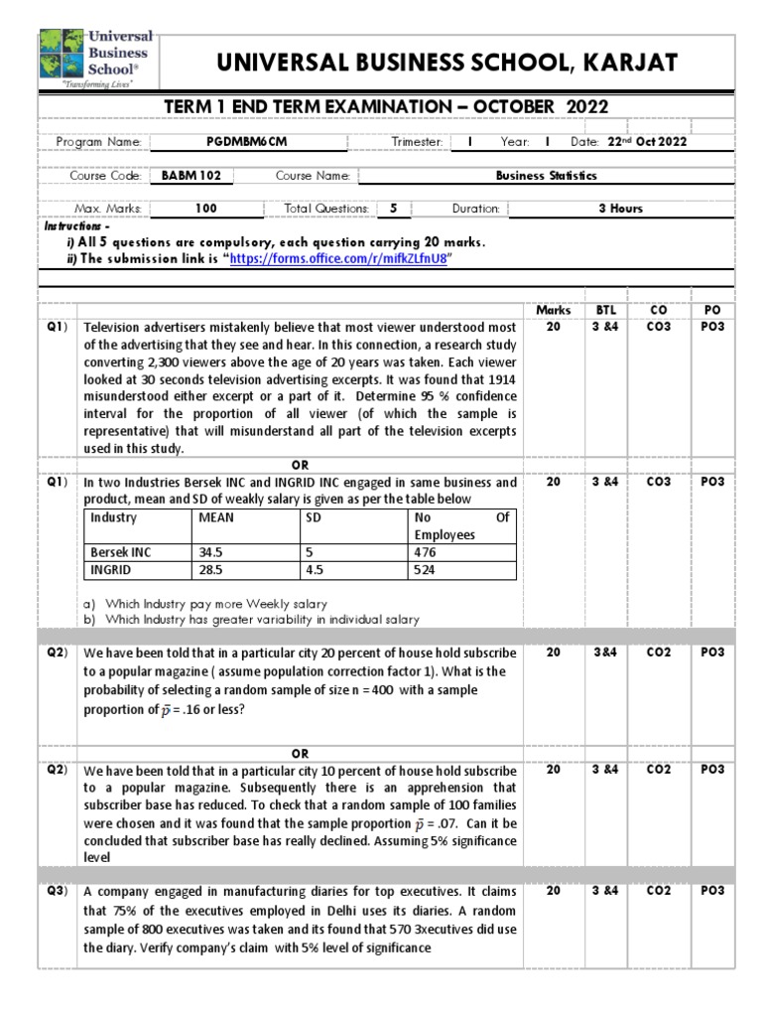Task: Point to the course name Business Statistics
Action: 547,176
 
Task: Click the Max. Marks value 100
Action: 206,209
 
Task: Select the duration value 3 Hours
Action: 620,209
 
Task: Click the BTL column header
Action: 606,310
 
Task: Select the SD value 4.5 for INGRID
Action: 317,570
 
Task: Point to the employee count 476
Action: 424,551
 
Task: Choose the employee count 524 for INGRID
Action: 424,570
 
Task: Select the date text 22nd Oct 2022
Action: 643,142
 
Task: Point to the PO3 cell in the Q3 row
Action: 712,891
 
